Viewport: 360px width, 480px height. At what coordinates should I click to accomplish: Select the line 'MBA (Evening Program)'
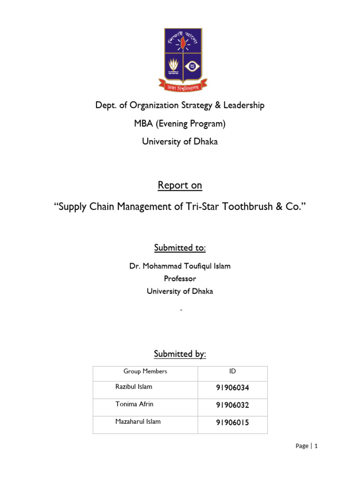(x=180, y=124)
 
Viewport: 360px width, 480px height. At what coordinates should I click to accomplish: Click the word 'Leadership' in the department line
(x=243, y=105)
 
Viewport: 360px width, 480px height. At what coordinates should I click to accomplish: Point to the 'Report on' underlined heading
(x=180, y=185)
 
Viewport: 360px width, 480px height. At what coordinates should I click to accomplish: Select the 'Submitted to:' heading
(x=180, y=247)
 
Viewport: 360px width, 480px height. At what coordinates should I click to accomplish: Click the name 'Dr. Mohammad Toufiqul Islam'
(x=180, y=266)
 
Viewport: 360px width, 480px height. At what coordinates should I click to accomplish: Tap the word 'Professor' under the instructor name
(x=180, y=278)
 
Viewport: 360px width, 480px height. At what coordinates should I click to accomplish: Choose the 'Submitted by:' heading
(x=180, y=354)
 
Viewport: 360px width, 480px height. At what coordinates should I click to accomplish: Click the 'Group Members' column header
(x=145, y=371)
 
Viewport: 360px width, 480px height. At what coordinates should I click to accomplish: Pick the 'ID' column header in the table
(x=232, y=371)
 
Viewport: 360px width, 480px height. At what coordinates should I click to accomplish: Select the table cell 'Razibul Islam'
(x=134, y=387)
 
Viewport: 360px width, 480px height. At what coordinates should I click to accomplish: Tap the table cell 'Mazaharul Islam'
(x=138, y=422)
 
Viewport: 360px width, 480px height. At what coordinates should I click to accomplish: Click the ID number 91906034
(x=232, y=388)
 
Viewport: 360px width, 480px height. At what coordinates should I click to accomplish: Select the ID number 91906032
(x=232, y=405)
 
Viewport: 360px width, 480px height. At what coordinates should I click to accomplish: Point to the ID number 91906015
(x=232, y=423)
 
